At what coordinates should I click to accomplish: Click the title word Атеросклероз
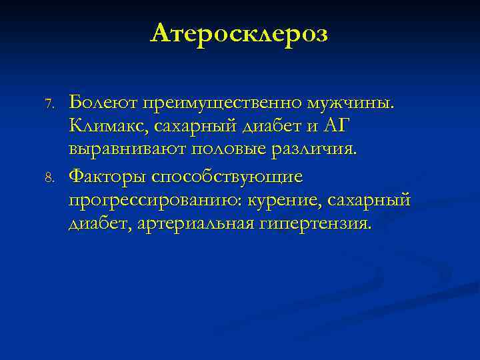coord(239,33)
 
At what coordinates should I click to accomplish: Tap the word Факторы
coord(107,177)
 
